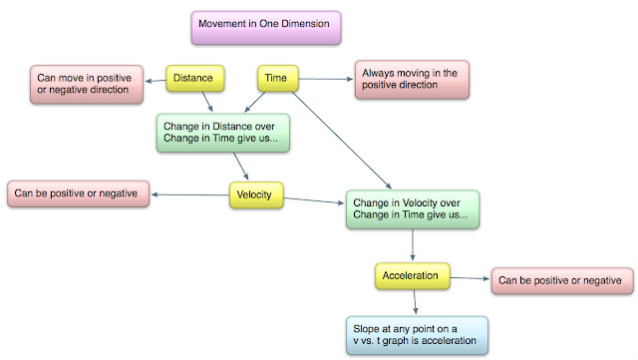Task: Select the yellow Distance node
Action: pyautogui.click(x=194, y=77)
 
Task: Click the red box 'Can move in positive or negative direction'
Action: pyautogui.click(x=83, y=83)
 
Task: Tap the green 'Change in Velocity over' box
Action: pyautogui.click(x=412, y=207)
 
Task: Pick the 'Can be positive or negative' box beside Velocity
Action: pyautogui.click(x=76, y=191)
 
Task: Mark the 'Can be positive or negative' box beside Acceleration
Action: pyautogui.click(x=560, y=282)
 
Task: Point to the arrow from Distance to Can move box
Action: pyautogui.click(x=153, y=78)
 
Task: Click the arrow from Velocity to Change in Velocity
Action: pyautogui.click(x=313, y=203)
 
